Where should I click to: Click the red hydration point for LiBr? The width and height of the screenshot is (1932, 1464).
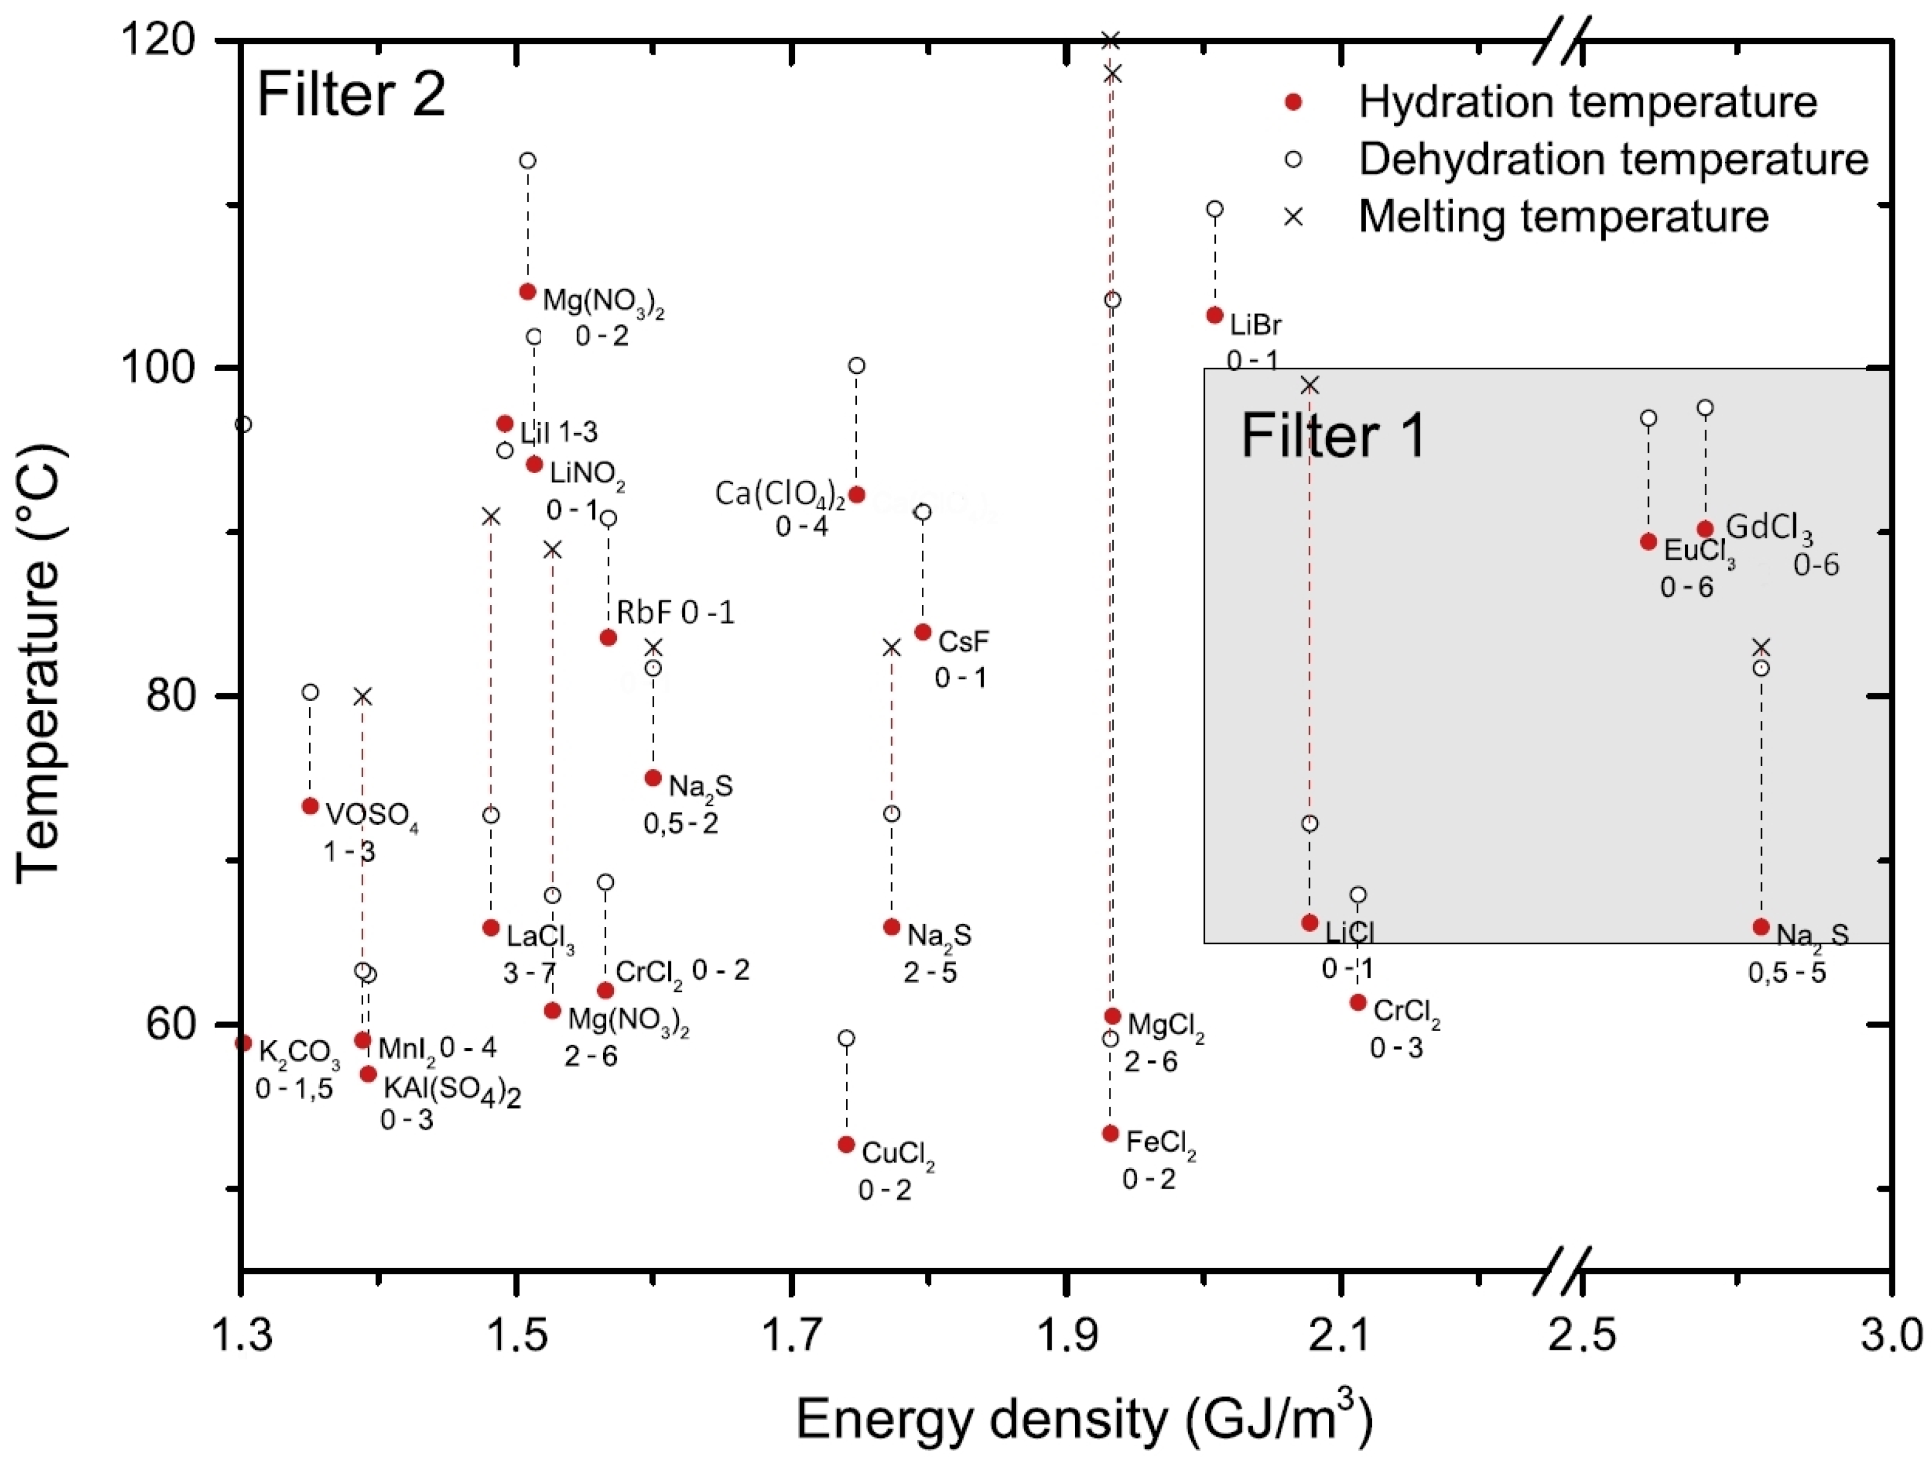pos(1214,315)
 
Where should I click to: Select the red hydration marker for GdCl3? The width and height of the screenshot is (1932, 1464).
pos(1705,529)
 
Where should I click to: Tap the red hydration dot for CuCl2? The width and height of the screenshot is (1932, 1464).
pos(845,1144)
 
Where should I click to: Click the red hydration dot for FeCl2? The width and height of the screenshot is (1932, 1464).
pos(1110,1134)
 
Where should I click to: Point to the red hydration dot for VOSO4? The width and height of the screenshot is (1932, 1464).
pos(310,806)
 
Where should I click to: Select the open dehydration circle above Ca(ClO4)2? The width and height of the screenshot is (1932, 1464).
pos(857,365)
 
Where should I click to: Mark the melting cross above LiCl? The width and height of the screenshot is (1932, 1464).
pos(1309,385)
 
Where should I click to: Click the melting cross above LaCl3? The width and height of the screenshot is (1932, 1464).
pos(491,517)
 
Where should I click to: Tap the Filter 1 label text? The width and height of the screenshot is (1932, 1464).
pos(1333,435)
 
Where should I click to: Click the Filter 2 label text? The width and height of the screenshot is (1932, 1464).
pos(351,94)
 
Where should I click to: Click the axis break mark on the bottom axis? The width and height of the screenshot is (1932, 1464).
pos(1562,1271)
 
